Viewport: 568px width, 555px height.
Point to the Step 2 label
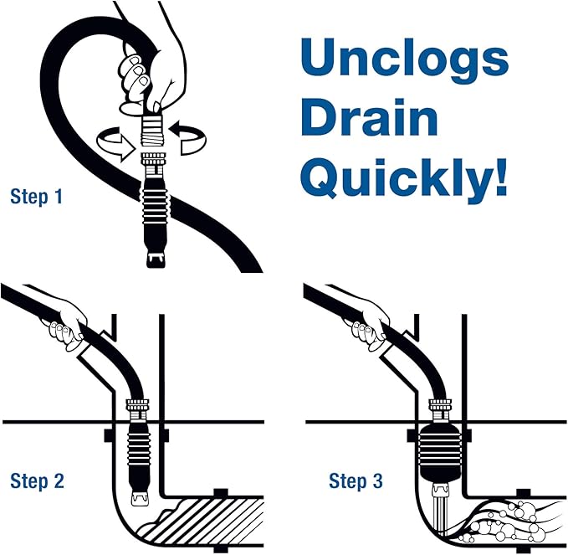(37, 481)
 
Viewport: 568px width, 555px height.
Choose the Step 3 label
(356, 481)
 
